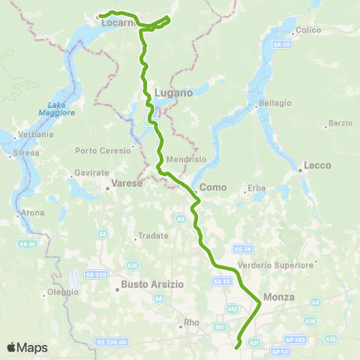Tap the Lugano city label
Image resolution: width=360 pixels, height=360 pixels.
click(x=173, y=92)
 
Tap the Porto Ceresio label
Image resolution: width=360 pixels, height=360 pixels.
click(x=103, y=150)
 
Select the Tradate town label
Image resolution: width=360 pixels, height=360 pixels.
click(x=154, y=235)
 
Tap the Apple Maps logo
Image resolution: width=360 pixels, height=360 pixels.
click(x=26, y=347)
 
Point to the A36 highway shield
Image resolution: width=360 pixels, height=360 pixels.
click(x=133, y=265)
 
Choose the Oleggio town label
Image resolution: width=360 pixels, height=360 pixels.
click(x=62, y=292)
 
